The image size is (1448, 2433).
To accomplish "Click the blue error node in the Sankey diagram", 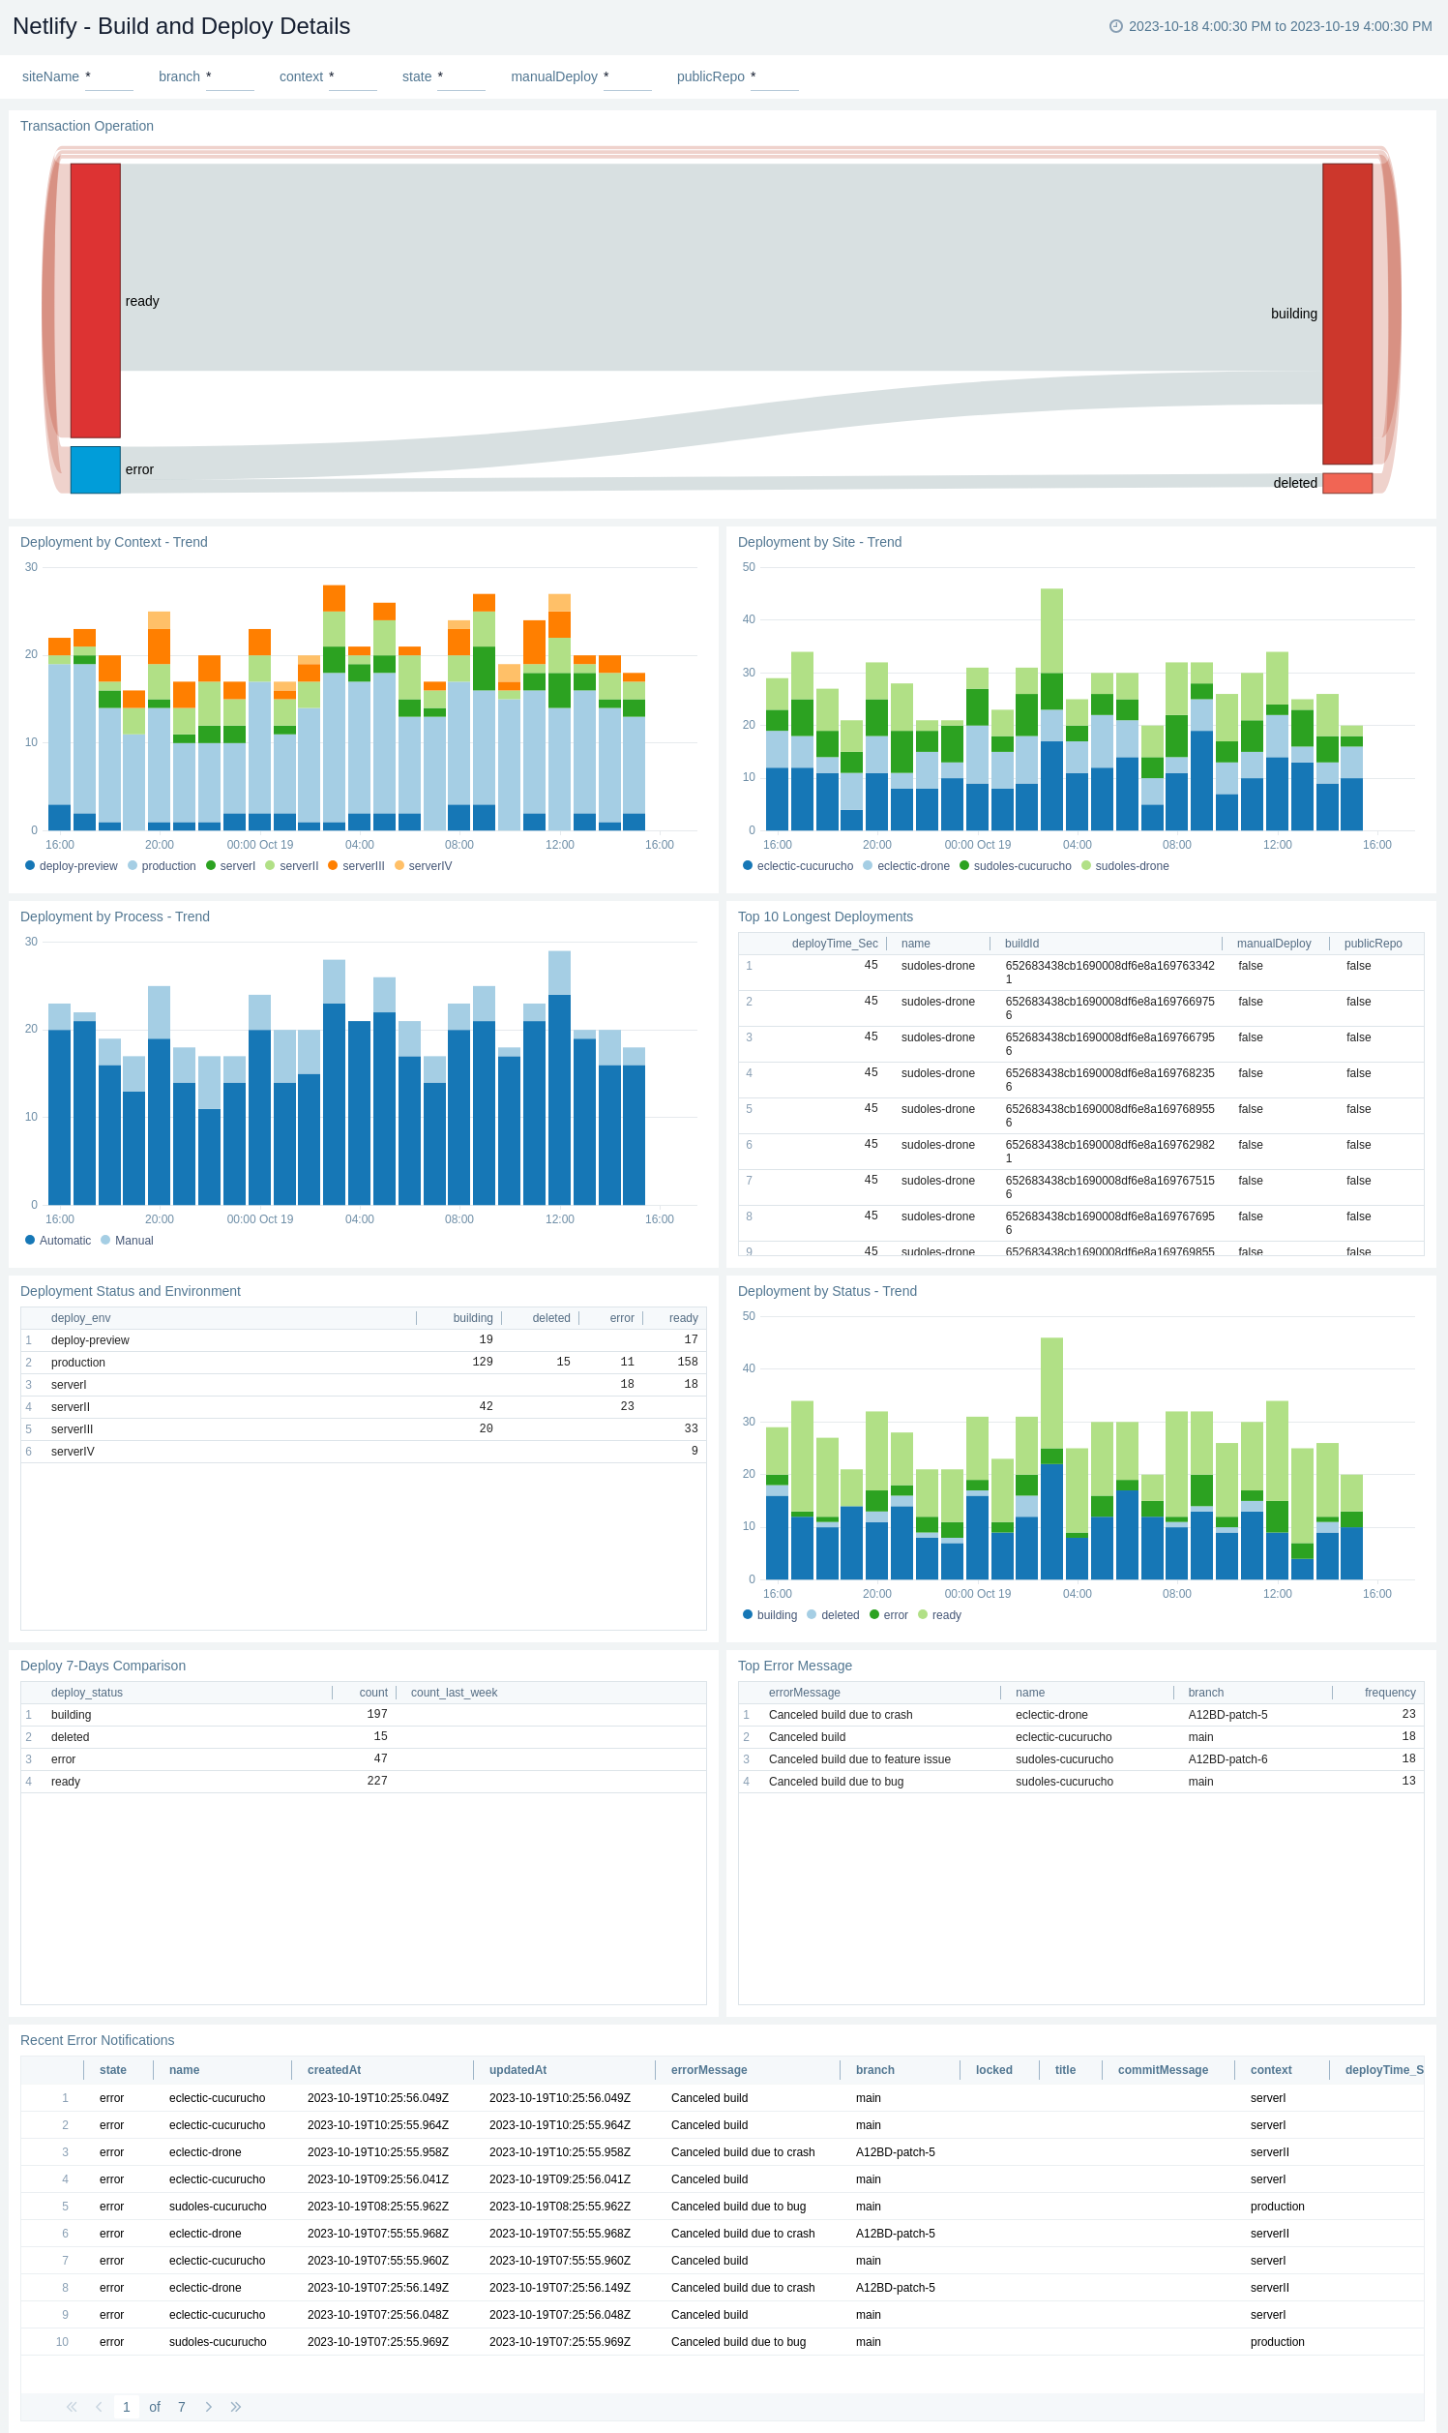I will point(95,469).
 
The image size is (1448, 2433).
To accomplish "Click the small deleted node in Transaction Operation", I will point(1346,483).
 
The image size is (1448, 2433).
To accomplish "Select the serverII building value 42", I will point(485,1406).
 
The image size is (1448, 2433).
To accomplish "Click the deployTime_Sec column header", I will point(833,944).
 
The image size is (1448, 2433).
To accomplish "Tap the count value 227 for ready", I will point(376,1781).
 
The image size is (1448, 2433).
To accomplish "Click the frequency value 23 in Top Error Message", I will point(1407,1714).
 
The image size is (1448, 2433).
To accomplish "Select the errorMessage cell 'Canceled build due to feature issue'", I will point(859,1758).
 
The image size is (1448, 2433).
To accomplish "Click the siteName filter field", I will point(108,77).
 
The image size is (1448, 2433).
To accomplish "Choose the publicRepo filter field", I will point(774,77).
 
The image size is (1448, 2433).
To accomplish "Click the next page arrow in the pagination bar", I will point(208,2407).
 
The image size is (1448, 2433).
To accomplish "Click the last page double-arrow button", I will point(235,2407).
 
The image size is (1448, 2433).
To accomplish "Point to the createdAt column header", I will point(334,2070).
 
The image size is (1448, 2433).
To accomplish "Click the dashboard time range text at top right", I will point(1279,26).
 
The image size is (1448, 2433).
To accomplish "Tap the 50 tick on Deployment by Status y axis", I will point(749,1315).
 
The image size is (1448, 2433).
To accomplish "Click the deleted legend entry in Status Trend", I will point(840,1615).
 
